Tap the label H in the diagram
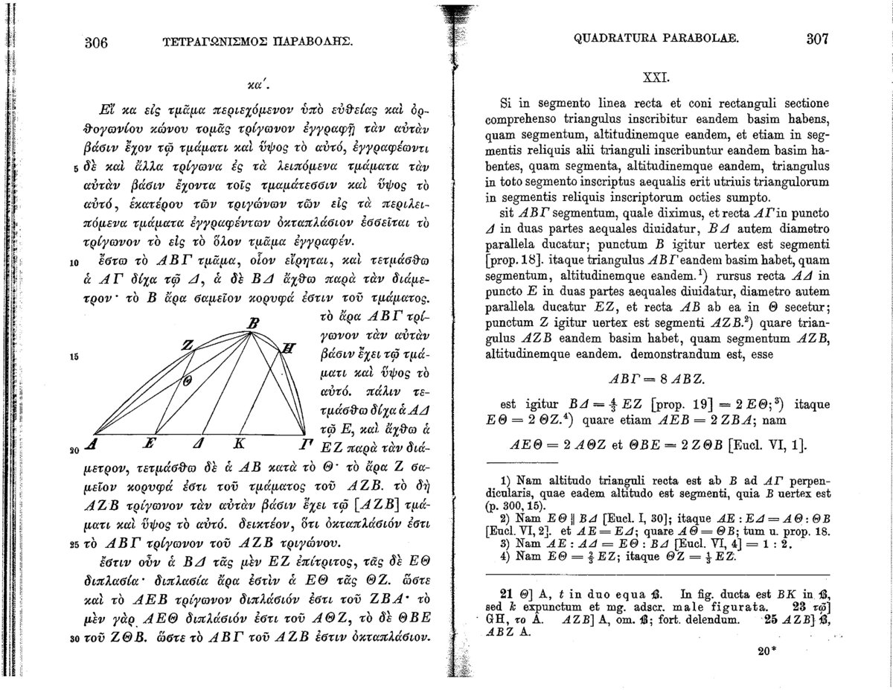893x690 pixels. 290,347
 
